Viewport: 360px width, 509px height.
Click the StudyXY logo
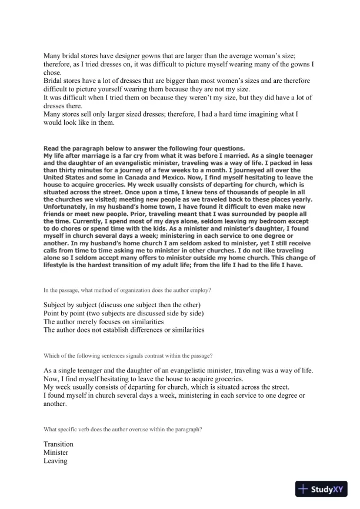click(x=324, y=488)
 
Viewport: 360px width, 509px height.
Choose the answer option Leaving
click(x=55, y=462)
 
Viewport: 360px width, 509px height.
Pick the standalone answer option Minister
click(x=56, y=453)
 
